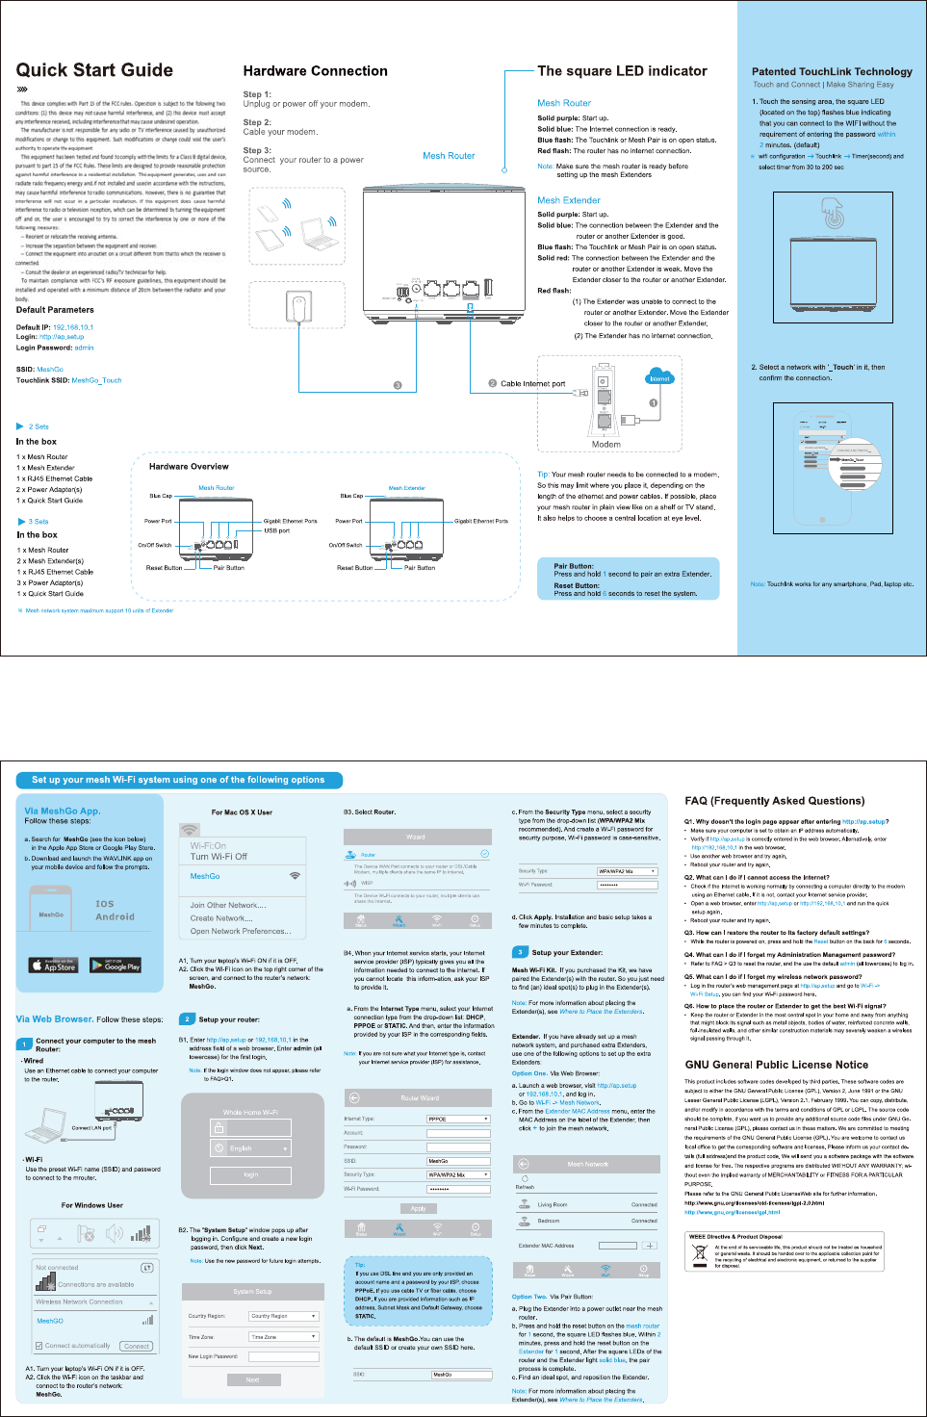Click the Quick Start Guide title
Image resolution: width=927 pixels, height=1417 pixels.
[x=94, y=70]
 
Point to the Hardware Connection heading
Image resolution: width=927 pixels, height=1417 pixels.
[x=315, y=71]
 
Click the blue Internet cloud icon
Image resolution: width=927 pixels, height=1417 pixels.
[x=659, y=376]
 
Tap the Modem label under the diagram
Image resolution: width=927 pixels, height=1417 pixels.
[x=605, y=445]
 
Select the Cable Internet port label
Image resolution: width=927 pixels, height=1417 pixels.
[x=532, y=383]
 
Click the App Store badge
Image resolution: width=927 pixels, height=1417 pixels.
[x=53, y=965]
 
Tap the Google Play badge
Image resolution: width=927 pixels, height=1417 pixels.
[x=116, y=965]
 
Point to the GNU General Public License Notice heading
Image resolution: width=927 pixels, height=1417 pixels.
[x=776, y=1065]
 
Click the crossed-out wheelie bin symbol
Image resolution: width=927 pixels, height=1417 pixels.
[x=699, y=1255]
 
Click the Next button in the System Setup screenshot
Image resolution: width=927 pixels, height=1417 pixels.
[x=252, y=1379]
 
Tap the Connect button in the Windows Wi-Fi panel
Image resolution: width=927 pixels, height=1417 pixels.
[x=137, y=1346]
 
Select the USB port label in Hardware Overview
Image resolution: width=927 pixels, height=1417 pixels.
[x=276, y=530]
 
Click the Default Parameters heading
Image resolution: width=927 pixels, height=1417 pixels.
[x=55, y=310]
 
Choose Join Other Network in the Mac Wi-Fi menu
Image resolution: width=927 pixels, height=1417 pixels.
[x=227, y=905]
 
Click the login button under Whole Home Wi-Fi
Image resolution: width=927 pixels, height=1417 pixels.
[x=250, y=1174]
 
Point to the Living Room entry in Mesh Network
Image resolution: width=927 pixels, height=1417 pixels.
[x=553, y=1204]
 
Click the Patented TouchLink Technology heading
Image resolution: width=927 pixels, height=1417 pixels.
[x=832, y=71]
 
